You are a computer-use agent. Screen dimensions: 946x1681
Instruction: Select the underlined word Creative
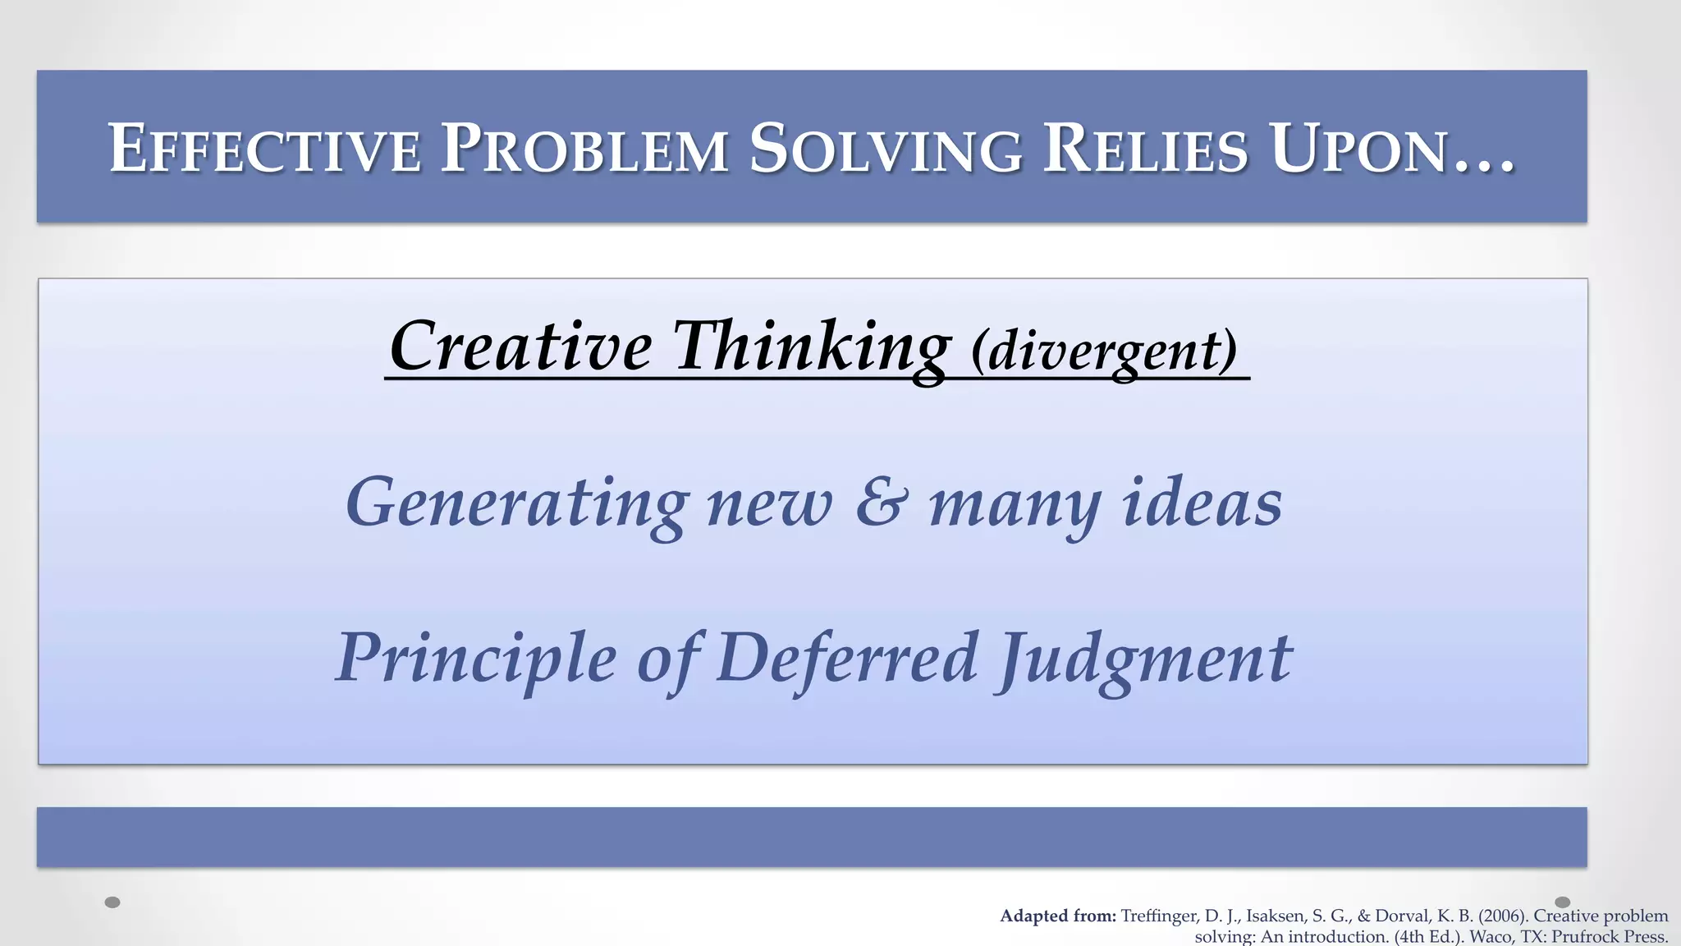pyautogui.click(x=520, y=347)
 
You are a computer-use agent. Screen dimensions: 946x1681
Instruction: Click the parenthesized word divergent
pyautogui.click(x=1104, y=351)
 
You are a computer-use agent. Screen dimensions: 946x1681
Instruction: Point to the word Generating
pyautogui.click(x=516, y=503)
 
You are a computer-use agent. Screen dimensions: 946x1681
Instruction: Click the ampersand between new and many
pyautogui.click(x=882, y=503)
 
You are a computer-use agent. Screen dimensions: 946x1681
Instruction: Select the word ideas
pyautogui.click(x=1202, y=503)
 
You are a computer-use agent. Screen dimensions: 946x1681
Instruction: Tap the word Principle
pyautogui.click(x=475, y=659)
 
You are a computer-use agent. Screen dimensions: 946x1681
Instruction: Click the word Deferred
pyautogui.click(x=846, y=659)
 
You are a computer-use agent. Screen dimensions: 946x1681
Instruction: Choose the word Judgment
pyautogui.click(x=1144, y=659)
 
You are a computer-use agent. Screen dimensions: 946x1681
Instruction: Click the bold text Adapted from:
pyautogui.click(x=1057, y=916)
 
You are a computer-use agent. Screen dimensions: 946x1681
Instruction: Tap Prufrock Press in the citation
pyautogui.click(x=1608, y=937)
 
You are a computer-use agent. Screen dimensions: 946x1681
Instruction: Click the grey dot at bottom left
pyautogui.click(x=113, y=902)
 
